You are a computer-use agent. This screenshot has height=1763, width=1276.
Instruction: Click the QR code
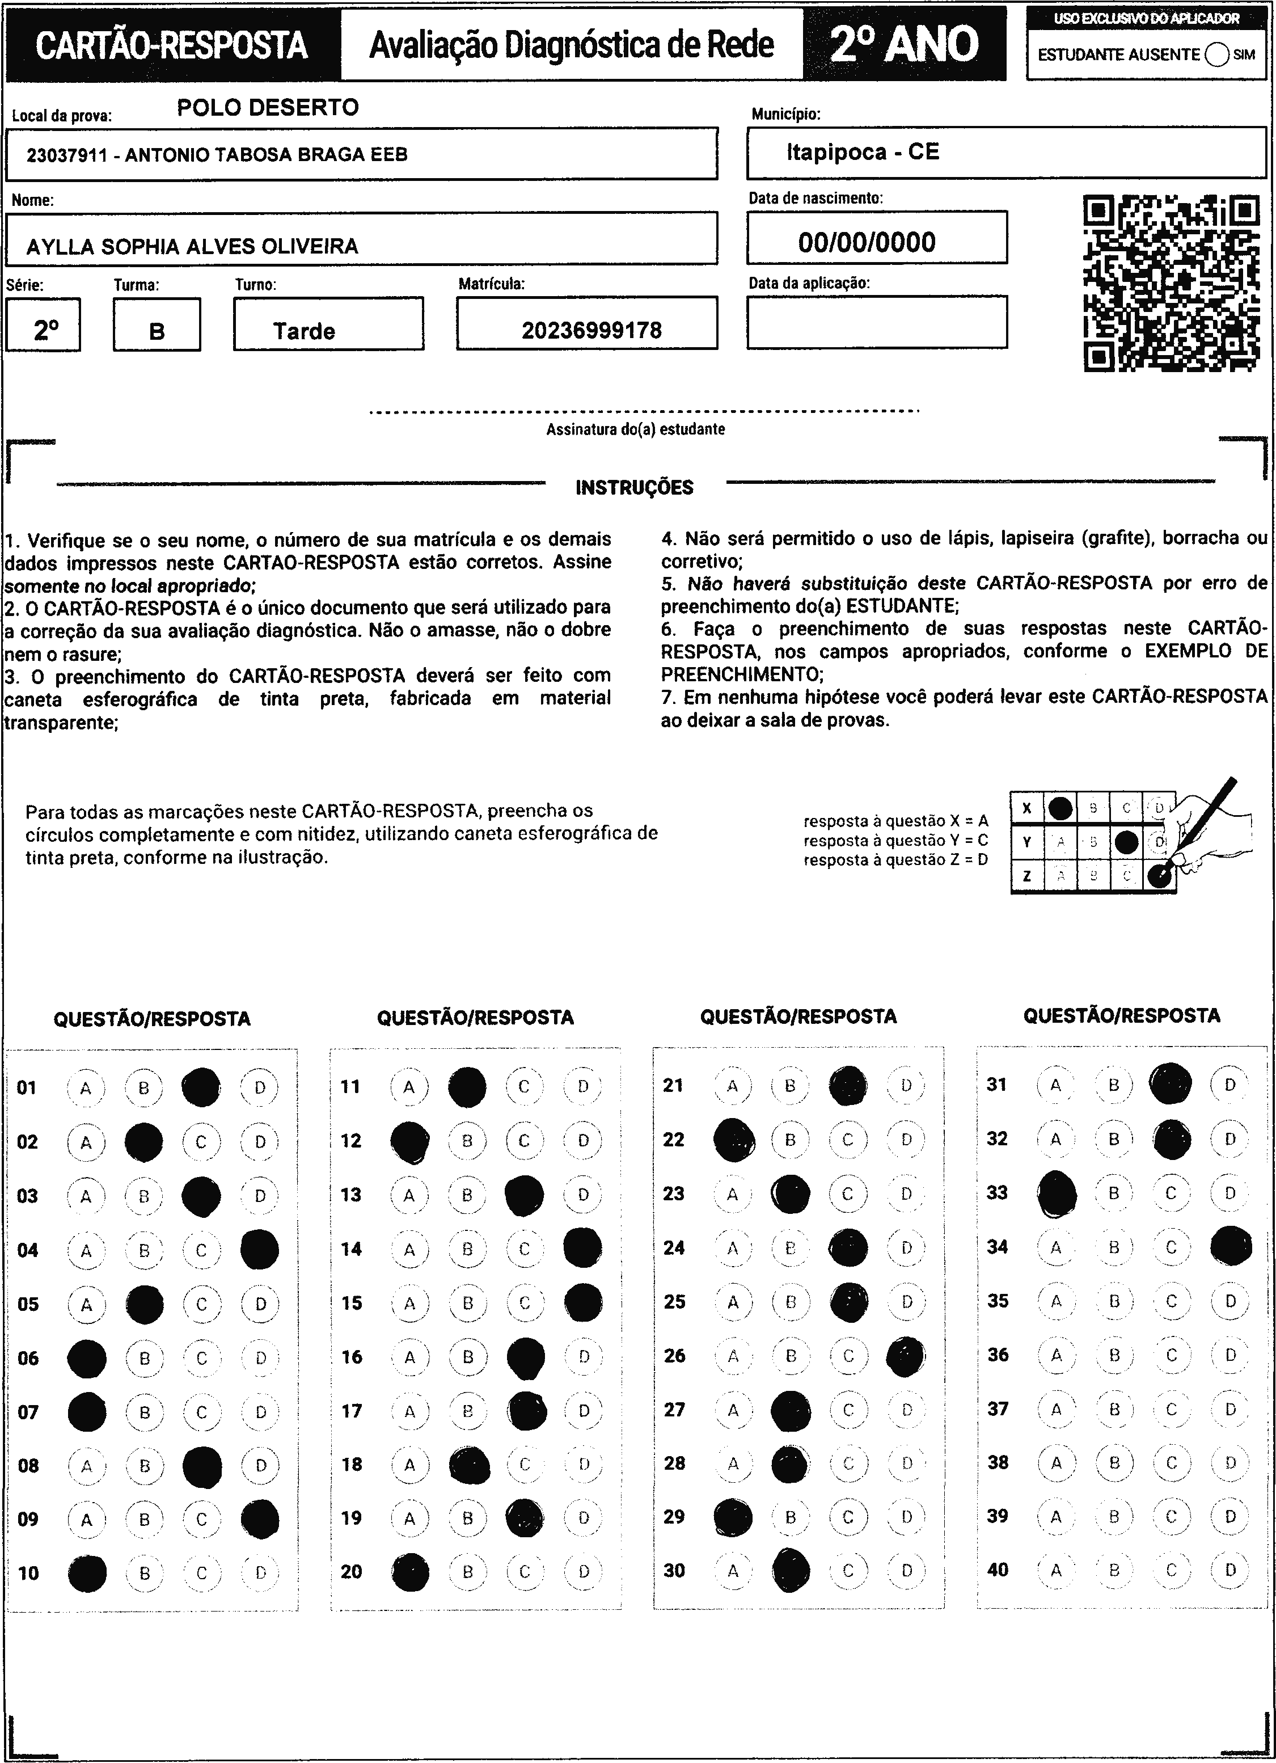coord(1171,283)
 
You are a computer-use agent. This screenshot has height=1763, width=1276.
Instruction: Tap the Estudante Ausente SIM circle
coord(1217,54)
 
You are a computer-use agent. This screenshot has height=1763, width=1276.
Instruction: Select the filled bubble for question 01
coord(201,1087)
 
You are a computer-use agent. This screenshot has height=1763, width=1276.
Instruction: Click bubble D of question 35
coord(1230,1301)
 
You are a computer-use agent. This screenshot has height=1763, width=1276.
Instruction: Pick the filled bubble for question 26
coord(906,1356)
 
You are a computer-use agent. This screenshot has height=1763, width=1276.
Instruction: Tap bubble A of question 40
coord(1055,1570)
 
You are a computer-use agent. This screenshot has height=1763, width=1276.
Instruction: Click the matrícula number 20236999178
coord(591,330)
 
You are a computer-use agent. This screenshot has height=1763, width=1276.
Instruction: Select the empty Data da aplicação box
coord(877,322)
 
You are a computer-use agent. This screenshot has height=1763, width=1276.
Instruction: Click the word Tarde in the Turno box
coord(304,331)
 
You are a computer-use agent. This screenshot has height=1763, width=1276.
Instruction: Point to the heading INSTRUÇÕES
coord(634,487)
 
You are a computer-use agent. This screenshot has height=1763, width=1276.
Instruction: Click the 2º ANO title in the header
coord(905,44)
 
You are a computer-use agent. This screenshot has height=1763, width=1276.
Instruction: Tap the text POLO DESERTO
coord(268,107)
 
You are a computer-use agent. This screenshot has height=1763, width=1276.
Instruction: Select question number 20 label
coord(351,1571)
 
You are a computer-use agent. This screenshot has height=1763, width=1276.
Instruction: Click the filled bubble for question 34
coord(1231,1247)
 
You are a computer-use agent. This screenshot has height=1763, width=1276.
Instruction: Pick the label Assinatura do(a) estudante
coord(635,429)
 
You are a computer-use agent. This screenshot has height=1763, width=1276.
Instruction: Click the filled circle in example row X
coord(1060,808)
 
